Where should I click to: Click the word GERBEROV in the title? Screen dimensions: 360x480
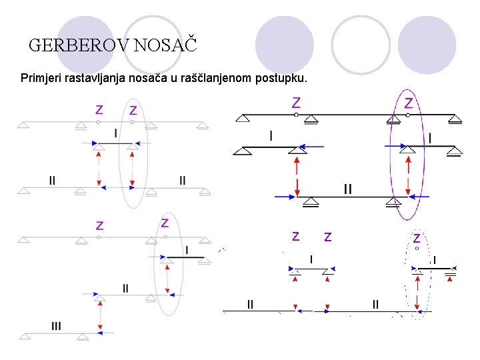79,46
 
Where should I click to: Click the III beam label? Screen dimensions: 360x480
56,326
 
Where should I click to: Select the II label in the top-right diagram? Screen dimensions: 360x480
347,189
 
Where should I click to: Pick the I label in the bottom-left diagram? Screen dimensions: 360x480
187,250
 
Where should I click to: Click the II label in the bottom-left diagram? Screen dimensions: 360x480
125,289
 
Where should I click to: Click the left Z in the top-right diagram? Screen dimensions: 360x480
296,103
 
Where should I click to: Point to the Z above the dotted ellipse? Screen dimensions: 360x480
417,237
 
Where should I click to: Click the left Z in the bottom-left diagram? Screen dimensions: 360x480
99,226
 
